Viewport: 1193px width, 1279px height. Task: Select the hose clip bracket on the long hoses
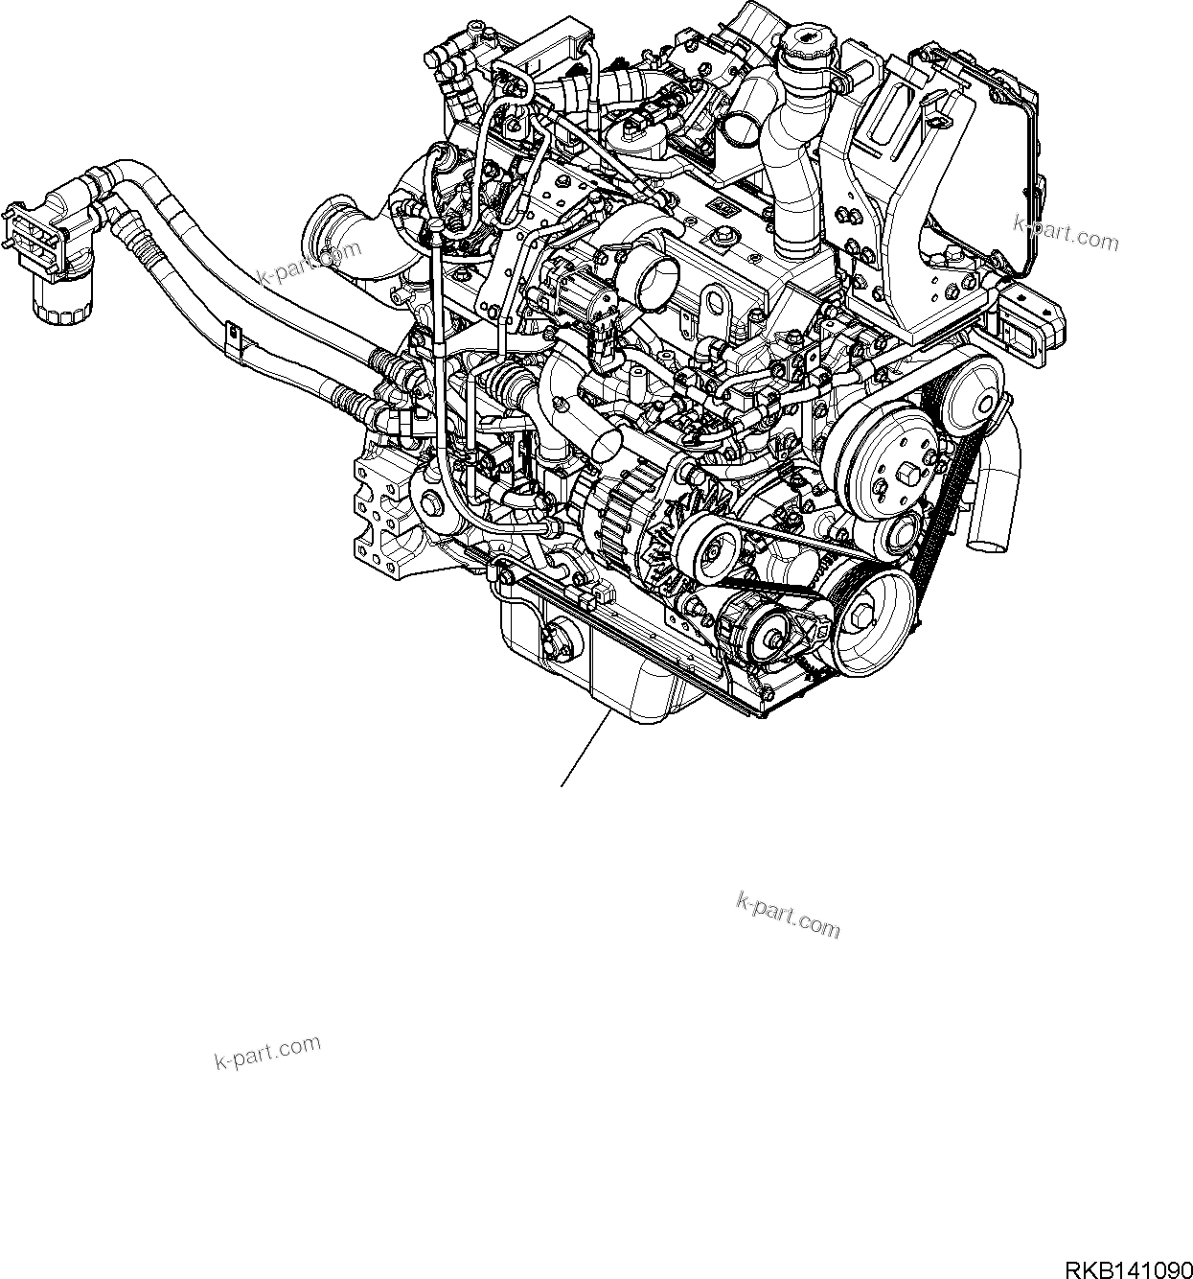pyautogui.click(x=233, y=340)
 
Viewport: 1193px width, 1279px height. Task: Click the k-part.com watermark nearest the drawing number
pyautogui.click(x=788, y=915)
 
